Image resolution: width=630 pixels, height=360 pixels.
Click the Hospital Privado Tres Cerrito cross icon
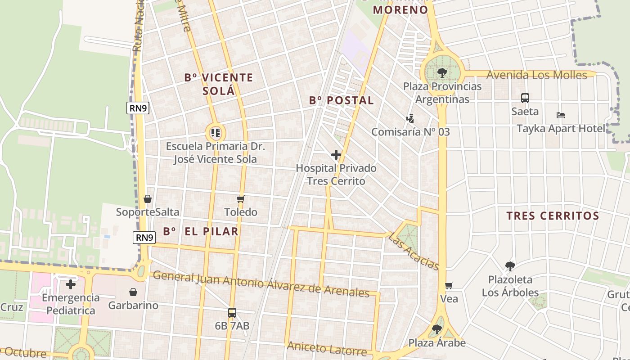click(x=336, y=155)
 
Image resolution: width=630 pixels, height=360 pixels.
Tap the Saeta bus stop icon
click(x=525, y=98)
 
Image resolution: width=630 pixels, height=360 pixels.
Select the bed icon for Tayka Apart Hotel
click(x=560, y=115)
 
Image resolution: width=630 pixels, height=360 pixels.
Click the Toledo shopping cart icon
click(x=240, y=199)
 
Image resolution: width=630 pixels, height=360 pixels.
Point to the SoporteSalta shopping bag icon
click(x=147, y=199)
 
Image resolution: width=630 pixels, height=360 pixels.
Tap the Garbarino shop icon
click(x=133, y=292)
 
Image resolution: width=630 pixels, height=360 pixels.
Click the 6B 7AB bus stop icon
click(x=232, y=312)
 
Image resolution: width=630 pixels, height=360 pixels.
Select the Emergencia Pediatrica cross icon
click(x=71, y=284)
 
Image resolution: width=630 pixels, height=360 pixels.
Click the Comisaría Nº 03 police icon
click(x=410, y=119)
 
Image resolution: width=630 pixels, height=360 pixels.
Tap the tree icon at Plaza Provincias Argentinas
click(x=442, y=72)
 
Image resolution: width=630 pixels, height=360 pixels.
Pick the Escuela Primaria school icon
click(x=215, y=133)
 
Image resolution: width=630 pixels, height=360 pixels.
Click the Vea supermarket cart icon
click(x=449, y=286)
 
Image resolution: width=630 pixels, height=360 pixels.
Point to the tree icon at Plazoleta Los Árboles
click(x=510, y=266)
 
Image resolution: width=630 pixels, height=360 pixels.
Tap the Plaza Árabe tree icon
click(x=436, y=329)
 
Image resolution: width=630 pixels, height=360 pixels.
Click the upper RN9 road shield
click(x=138, y=108)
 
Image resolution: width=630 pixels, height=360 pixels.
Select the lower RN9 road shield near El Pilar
click(x=144, y=238)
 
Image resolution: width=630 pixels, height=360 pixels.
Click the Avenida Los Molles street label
click(x=537, y=75)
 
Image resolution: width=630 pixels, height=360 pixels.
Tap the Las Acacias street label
click(x=414, y=251)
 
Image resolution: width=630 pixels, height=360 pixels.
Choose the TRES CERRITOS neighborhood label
click(x=553, y=216)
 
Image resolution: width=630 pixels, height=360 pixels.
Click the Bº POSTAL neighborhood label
click(x=342, y=100)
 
